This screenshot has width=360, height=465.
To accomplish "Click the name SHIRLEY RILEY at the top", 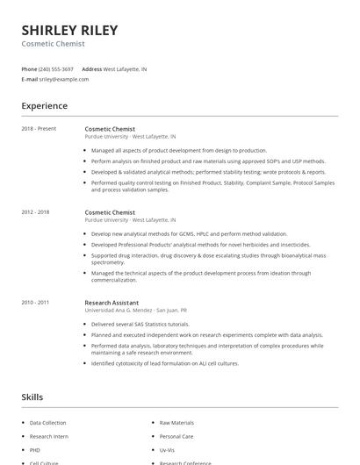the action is pos(69,30).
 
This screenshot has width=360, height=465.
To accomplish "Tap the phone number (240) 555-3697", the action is pos(57,68).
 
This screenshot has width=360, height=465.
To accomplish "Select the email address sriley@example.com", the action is pos(64,79).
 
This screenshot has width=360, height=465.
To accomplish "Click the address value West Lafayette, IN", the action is pos(125,68).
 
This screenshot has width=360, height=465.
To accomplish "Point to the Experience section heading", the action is pos(44,106).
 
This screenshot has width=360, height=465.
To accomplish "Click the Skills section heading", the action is pos(32,397).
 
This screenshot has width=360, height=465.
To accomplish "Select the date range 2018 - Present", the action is pos(39,129).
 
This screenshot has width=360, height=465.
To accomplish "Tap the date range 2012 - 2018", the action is pos(35,212).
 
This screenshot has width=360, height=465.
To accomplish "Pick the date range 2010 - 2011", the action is pos(35,303).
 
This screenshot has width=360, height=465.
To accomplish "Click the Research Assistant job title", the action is pos(112,303).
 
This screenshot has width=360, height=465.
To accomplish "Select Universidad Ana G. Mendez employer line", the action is pos(136,310).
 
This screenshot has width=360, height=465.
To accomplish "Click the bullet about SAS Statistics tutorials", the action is pos(140,325).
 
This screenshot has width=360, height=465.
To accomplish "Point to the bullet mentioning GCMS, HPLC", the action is pos(189,234).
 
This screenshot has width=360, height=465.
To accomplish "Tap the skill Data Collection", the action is pos(47,423).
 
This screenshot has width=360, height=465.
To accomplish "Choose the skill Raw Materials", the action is pos(176,423).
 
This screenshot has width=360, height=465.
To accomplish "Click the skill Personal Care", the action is pos(176,436).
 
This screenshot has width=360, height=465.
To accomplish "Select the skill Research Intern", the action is pos(48,436).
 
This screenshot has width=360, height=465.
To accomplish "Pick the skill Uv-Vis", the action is pos(167,449).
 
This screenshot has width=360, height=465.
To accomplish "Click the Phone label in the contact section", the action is pos(29,68).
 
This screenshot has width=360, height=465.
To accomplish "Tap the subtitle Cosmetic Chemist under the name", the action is pos(54,43).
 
